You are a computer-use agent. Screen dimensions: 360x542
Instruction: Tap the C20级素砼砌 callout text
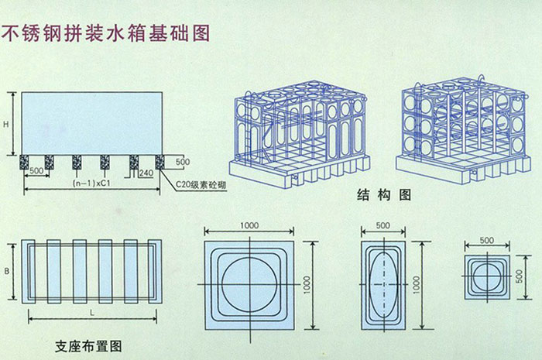point(201,185)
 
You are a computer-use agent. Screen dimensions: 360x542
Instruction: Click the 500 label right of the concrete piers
point(183,161)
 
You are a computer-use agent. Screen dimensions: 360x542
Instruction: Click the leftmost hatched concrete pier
point(25,161)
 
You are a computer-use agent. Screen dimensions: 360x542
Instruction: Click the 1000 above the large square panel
point(249,225)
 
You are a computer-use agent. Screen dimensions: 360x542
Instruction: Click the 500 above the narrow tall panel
point(382,225)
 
